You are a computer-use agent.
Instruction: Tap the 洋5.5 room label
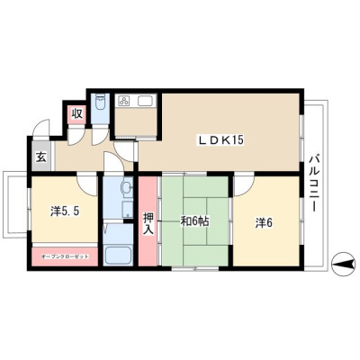(65, 211)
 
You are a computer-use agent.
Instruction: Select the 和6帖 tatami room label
(194, 221)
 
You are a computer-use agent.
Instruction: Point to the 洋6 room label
(264, 223)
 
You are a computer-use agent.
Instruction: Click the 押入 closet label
(148, 223)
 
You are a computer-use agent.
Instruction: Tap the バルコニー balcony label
(314, 183)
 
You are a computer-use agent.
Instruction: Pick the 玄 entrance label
(41, 157)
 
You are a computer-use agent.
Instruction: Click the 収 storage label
(76, 114)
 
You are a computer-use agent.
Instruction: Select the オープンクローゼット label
(65, 256)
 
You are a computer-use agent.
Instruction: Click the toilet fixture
(100, 103)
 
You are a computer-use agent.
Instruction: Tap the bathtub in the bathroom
(118, 255)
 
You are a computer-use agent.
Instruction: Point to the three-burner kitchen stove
(124, 101)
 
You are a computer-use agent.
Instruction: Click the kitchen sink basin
(146, 101)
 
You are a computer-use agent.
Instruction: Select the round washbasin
(127, 188)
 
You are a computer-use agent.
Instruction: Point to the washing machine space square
(127, 210)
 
